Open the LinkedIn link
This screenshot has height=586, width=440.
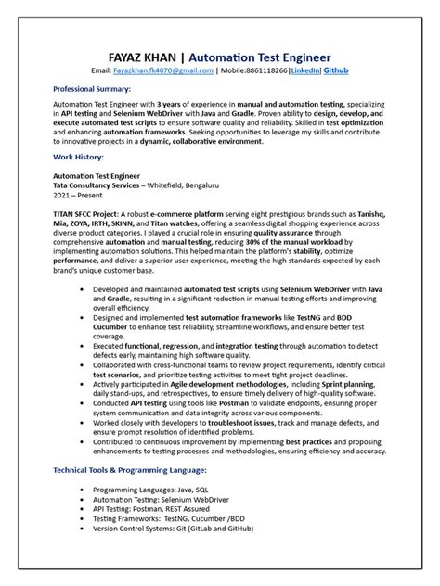330,70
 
